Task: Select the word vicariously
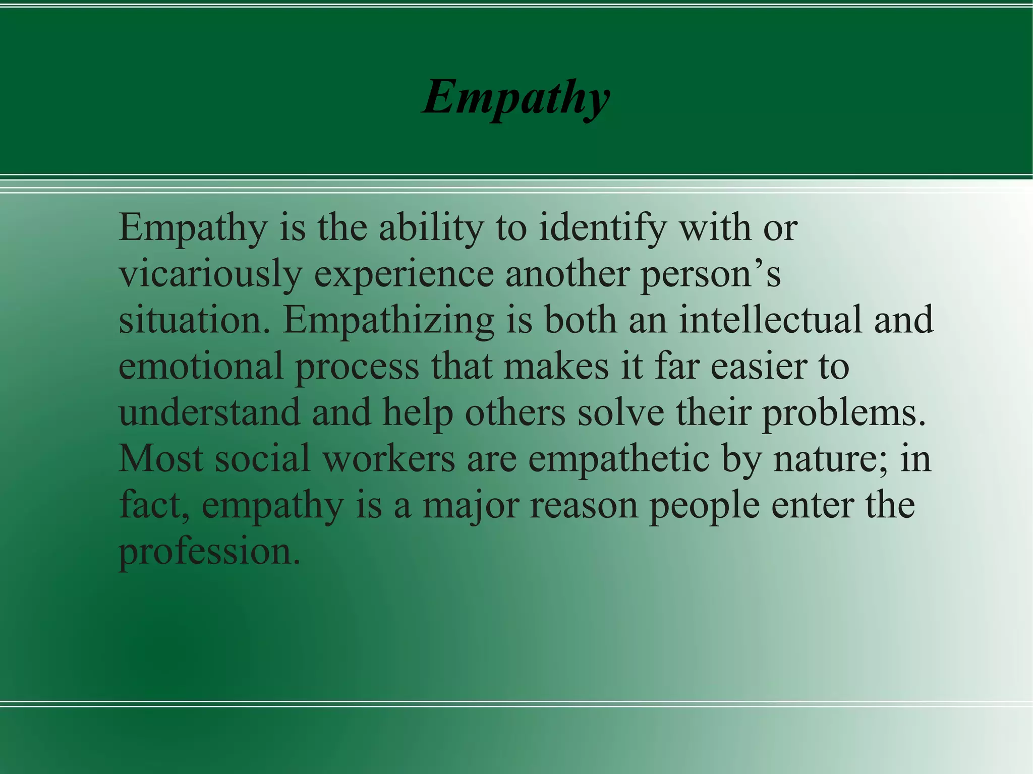coord(210,275)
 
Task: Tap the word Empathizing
coord(388,321)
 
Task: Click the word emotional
coord(201,366)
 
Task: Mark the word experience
coord(404,275)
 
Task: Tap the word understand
coord(209,412)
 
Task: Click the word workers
coord(389,459)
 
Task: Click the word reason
coord(584,506)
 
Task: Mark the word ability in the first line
coord(431,228)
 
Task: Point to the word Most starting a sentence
coord(161,459)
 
